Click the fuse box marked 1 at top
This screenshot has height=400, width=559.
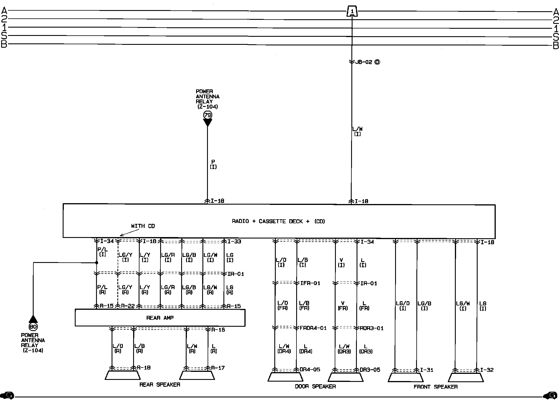click(x=352, y=11)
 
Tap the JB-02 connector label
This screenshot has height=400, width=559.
click(x=364, y=62)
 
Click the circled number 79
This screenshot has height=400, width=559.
click(x=207, y=115)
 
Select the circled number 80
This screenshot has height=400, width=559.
click(x=33, y=326)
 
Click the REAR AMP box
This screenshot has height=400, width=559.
click(x=160, y=318)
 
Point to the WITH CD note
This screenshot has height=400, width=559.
click(x=143, y=226)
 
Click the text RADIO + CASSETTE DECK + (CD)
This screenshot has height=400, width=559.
click(x=278, y=221)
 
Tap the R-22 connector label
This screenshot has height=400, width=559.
click(x=128, y=306)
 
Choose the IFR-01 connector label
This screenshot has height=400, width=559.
click(x=310, y=283)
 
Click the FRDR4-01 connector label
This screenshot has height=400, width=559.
click(x=313, y=328)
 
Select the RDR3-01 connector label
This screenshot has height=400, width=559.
click(x=372, y=328)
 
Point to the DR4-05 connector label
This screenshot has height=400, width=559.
click(x=310, y=370)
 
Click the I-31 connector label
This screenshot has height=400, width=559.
click(x=426, y=370)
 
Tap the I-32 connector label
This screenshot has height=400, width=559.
click(x=487, y=370)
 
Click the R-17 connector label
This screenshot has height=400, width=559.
click(x=218, y=368)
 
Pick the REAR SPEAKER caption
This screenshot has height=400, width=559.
click(x=160, y=384)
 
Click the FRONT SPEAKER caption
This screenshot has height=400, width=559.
click(x=436, y=387)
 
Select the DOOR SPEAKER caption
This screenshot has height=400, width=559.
click(x=315, y=386)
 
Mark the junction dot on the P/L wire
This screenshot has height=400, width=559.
click(x=97, y=263)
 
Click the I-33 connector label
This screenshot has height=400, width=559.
click(x=234, y=241)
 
